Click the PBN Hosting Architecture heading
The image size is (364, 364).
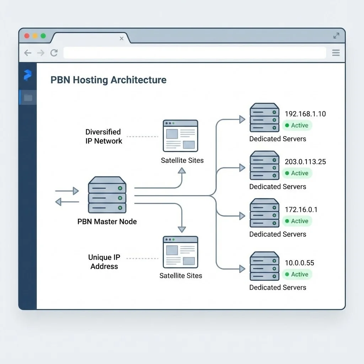[x=108, y=80]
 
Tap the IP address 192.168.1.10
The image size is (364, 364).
[x=305, y=114]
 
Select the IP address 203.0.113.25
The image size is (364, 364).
[x=305, y=161]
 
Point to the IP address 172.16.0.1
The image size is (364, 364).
[x=301, y=209]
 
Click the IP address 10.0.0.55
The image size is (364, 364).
[x=299, y=263]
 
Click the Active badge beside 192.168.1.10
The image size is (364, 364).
[x=297, y=125]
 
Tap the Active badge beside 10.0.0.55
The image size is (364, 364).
[x=297, y=274]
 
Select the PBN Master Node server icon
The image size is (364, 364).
[x=107, y=195]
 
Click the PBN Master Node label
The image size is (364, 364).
[x=107, y=221]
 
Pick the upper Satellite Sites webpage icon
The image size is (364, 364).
[x=181, y=135]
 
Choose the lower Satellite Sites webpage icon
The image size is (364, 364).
[x=181, y=252]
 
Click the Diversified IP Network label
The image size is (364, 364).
[x=103, y=136]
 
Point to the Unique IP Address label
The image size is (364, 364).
[x=104, y=262]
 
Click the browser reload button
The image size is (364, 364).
[x=54, y=53]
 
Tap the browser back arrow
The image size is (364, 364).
[x=28, y=53]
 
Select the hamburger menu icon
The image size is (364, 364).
[x=336, y=53]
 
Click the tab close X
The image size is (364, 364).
[x=122, y=38]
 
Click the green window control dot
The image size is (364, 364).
[x=43, y=36]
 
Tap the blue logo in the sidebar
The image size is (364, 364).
[x=27, y=75]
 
